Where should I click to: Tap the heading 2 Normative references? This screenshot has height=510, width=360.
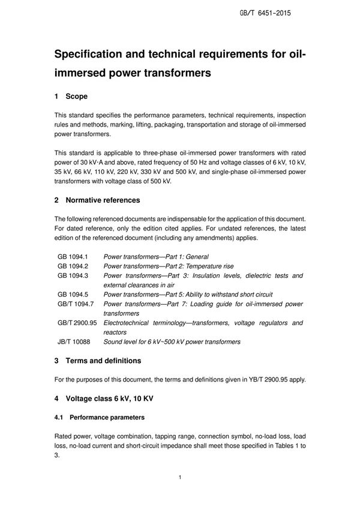(x=97, y=200)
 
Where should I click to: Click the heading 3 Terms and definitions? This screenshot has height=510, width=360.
(x=98, y=361)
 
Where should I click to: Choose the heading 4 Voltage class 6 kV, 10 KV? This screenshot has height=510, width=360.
(x=106, y=398)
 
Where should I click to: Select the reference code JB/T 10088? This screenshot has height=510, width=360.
(x=74, y=342)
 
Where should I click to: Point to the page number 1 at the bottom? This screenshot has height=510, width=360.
(x=179, y=478)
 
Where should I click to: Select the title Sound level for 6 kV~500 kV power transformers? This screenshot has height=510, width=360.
(x=172, y=342)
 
